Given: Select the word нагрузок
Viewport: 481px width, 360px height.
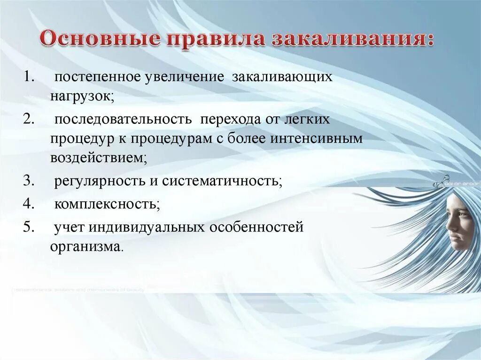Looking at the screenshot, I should pos(82,96).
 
